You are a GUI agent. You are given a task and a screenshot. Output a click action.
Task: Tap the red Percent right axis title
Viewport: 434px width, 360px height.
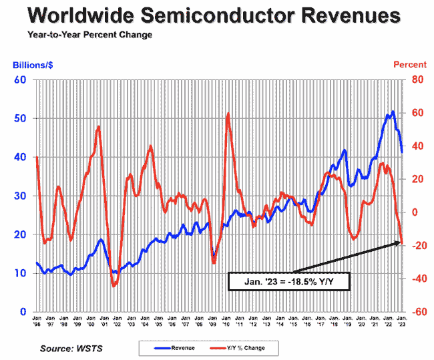409,65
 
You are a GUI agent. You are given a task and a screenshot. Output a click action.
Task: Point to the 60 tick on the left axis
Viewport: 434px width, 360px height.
21,80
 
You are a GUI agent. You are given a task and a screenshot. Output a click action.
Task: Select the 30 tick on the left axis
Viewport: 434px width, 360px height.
21,196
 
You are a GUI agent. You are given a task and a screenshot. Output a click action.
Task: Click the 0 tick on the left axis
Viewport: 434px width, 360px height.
23,312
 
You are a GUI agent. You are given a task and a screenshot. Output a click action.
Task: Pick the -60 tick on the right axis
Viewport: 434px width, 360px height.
417,312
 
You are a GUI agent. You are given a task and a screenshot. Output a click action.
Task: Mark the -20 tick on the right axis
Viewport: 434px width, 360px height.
417,246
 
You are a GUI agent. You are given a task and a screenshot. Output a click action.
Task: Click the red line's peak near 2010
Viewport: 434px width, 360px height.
228,114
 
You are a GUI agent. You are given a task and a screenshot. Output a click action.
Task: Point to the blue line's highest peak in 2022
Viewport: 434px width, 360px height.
393,112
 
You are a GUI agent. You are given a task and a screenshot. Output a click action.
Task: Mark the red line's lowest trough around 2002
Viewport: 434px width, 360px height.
114,285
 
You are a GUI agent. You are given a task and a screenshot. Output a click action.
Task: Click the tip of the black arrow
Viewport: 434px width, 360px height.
401,242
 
